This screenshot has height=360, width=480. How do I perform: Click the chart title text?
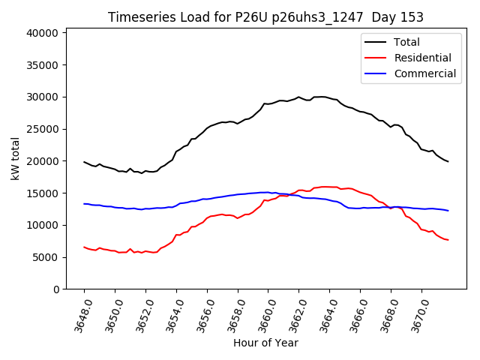click(265, 17)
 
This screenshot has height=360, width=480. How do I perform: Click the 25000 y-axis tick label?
click(43, 129)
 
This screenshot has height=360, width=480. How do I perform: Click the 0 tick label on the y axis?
click(57, 289)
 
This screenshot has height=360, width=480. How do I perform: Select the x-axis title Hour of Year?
click(265, 343)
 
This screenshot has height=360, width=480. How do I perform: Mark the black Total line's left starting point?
click(84, 161)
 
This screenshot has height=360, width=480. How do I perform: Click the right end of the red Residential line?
click(448, 240)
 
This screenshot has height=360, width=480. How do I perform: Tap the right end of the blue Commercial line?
click(448, 211)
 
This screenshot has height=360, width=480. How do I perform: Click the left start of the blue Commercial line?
click(84, 203)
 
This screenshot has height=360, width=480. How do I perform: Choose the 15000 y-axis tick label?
click(43, 193)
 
